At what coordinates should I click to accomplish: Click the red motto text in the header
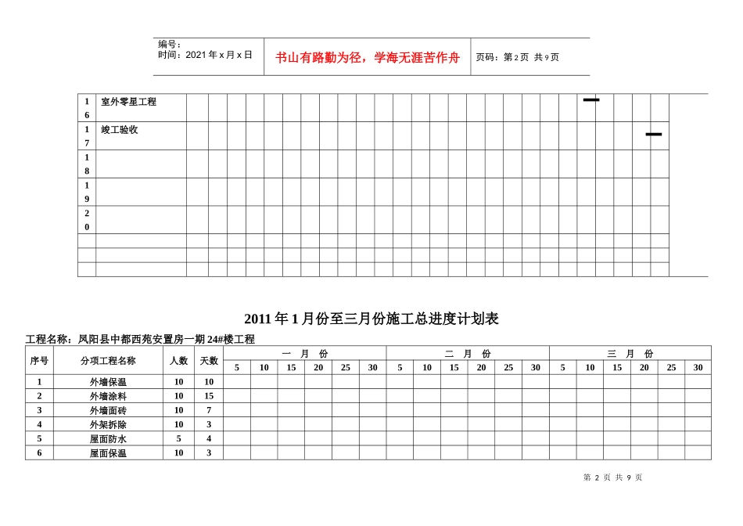point(368,57)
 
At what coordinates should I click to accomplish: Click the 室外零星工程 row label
point(129,102)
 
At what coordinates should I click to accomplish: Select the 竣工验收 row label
point(120,130)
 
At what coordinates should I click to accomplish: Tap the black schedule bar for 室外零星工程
point(591,100)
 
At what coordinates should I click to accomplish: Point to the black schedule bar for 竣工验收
point(654,135)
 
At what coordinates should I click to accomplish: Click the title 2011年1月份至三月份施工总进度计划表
point(371,319)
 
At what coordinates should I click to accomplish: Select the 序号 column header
point(39,361)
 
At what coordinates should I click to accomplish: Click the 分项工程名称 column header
point(108,361)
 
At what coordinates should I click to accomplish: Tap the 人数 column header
point(179,361)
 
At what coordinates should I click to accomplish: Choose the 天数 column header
point(209,361)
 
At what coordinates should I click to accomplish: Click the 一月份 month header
point(304,354)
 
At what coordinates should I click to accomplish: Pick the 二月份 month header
point(467,354)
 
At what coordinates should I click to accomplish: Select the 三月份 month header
point(630,354)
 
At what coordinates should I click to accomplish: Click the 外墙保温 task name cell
point(108,382)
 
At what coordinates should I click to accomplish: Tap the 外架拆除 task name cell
point(108,424)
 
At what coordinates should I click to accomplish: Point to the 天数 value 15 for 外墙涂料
point(209,396)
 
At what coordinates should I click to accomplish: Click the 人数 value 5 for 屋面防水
point(179,438)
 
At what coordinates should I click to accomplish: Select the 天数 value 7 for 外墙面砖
point(209,410)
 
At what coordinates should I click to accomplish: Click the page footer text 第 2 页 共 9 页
point(612,477)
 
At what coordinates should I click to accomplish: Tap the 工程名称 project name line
point(141,339)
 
